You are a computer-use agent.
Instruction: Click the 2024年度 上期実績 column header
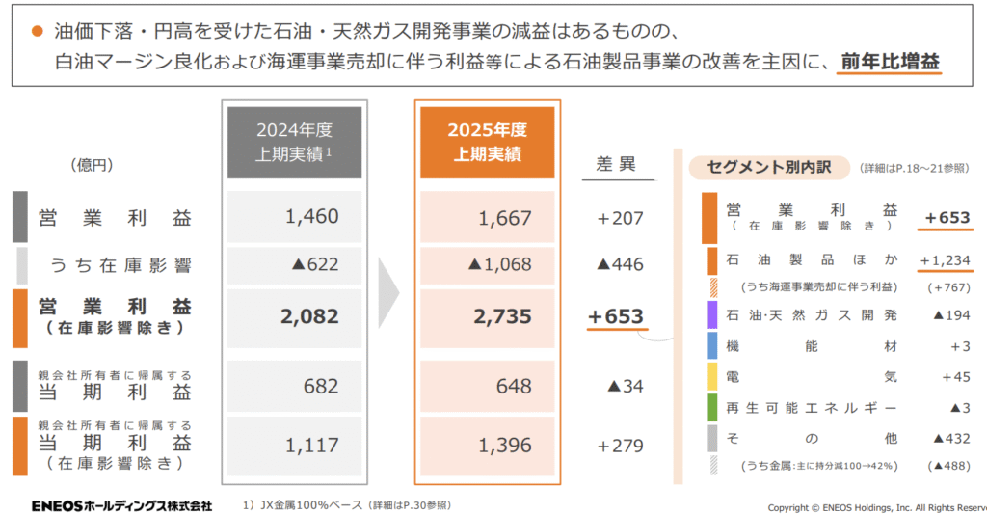[294, 142]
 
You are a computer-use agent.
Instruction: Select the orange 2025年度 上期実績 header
[487, 142]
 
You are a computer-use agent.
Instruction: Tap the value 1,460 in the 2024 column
[312, 217]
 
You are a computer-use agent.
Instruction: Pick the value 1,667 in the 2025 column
[505, 218]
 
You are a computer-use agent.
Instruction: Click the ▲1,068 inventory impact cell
[500, 264]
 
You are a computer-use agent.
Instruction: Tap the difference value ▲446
[620, 264]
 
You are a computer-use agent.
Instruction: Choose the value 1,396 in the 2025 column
[505, 445]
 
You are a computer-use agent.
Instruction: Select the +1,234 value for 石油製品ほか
[945, 260]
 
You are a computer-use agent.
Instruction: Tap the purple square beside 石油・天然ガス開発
[712, 315]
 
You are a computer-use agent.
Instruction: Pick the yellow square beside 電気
[712, 376]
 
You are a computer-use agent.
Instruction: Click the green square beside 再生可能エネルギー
[712, 407]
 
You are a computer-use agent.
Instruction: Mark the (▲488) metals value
[948, 465]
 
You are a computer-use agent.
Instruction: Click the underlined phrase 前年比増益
[890, 61]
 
